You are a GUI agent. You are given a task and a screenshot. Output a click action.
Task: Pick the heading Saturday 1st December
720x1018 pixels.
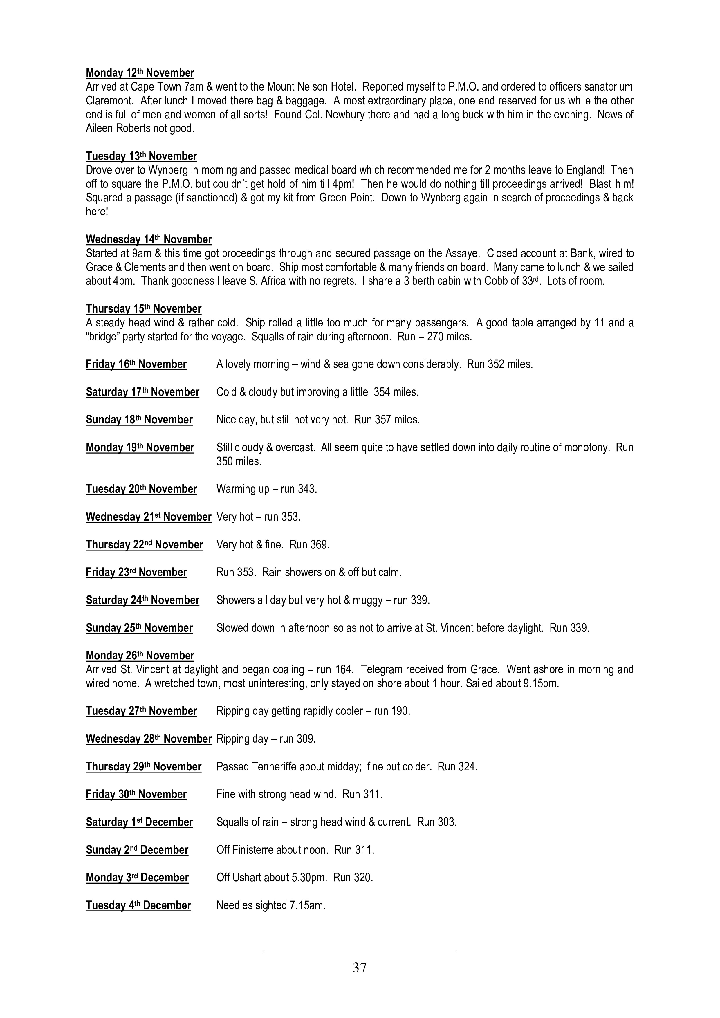click(139, 822)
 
